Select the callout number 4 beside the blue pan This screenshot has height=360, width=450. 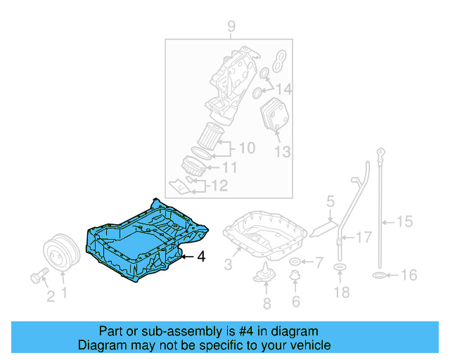[x=201, y=257]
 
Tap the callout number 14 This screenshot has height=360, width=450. [x=283, y=89]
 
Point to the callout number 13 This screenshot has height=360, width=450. [x=282, y=150]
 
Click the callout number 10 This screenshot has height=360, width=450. [x=245, y=148]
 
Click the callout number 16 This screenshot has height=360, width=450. [x=409, y=275]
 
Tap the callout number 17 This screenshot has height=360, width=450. [x=363, y=238]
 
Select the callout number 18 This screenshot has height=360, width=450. [x=342, y=290]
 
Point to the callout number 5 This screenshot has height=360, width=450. [x=329, y=202]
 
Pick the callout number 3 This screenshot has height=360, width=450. [x=228, y=264]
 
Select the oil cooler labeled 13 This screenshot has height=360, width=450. [x=275, y=116]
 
